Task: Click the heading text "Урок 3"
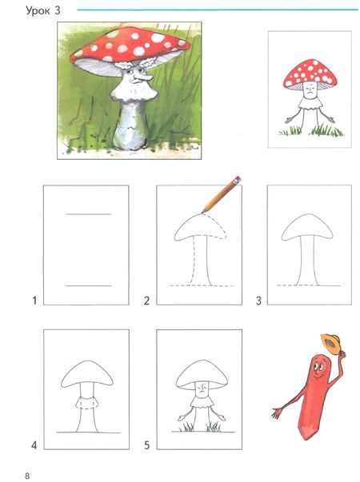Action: click(x=42, y=11)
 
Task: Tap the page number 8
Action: click(x=27, y=476)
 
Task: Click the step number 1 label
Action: click(x=34, y=300)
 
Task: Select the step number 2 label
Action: click(x=146, y=301)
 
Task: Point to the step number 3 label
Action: click(x=258, y=301)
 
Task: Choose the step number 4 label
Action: click(x=34, y=444)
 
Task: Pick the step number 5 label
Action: click(x=146, y=444)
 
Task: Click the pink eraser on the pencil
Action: click(x=237, y=180)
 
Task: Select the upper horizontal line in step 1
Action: click(x=89, y=214)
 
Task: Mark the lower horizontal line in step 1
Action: click(x=89, y=286)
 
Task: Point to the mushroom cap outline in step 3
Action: click(x=306, y=214)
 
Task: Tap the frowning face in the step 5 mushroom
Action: click(x=202, y=388)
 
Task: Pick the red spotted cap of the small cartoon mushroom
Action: click(x=310, y=74)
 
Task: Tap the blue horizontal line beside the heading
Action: click(x=218, y=10)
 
